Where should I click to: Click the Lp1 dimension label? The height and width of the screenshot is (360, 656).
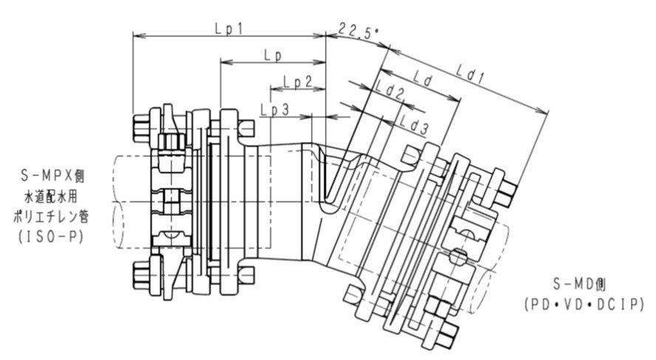(x=229, y=29)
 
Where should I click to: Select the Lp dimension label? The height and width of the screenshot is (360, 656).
(x=273, y=55)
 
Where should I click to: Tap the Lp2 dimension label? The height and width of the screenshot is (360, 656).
(x=298, y=81)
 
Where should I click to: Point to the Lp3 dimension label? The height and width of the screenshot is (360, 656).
(x=275, y=109)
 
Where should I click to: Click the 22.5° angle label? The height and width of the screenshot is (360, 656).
(x=359, y=31)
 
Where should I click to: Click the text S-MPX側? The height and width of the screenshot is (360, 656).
(x=52, y=176)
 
